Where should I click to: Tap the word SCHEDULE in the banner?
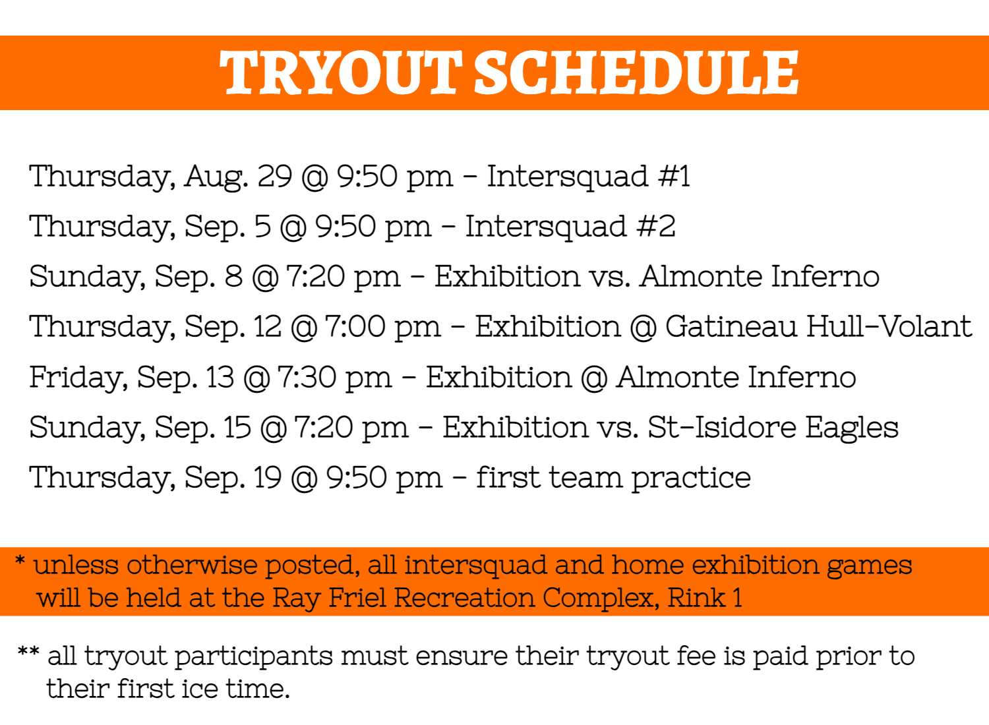[636, 72]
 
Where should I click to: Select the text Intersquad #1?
[588, 177]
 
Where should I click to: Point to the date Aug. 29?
[238, 177]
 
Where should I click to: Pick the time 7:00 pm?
[383, 327]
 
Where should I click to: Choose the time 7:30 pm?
[335, 378]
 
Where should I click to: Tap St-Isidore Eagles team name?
[773, 428]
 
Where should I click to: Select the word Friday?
[78, 378]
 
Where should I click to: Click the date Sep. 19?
[233, 478]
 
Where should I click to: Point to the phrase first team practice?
[613, 478]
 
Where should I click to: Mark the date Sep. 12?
[233, 328]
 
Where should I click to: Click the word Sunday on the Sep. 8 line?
[88, 277]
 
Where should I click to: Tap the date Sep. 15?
[203, 428]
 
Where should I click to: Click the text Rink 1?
[705, 598]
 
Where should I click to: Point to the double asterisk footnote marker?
[29, 652]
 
